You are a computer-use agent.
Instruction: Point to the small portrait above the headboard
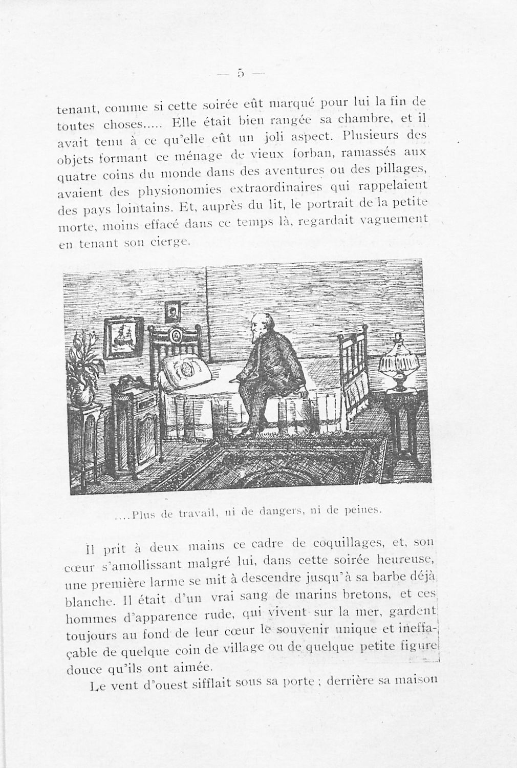(172, 311)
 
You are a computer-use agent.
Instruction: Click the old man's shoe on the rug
(247, 433)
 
